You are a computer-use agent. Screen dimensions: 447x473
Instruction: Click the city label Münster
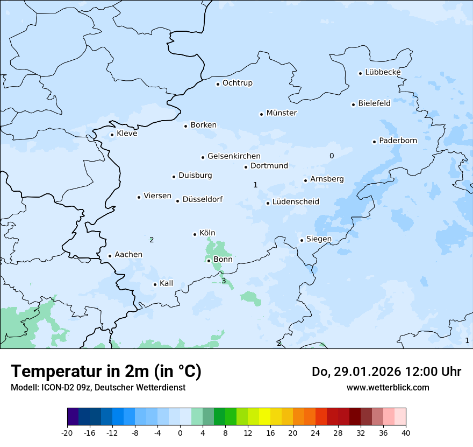282,113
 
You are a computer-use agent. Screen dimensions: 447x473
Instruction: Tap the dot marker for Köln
195,234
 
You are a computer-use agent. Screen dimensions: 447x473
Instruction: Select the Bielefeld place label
374,103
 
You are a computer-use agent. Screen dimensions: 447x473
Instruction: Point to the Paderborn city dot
374,142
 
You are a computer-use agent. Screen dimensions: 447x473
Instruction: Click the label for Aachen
128,255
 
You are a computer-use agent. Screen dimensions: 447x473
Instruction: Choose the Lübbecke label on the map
383,72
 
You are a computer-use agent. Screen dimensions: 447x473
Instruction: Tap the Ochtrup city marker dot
218,83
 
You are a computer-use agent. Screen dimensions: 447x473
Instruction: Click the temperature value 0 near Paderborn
332,156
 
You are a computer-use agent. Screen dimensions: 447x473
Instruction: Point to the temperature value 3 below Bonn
224,281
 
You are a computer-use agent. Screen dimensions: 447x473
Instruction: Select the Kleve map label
127,134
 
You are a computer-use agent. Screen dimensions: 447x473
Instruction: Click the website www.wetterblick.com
388,387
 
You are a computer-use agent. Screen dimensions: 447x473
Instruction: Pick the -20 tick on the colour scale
67,432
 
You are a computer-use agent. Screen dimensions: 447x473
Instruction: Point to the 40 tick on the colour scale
405,432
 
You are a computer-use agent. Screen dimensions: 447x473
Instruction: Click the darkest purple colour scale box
73,417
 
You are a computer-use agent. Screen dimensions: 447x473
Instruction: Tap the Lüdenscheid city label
296,202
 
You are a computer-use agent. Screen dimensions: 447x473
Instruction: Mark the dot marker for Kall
155,284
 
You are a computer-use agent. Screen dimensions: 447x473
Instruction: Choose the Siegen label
319,239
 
